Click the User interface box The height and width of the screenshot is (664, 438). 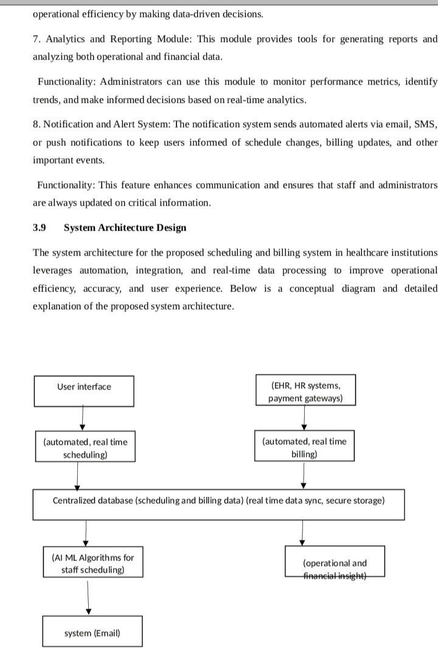[84, 391]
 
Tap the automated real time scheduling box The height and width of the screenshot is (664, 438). [85, 447]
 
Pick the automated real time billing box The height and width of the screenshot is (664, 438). [304, 447]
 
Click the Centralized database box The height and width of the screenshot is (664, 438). [218, 504]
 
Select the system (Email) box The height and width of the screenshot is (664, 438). [92, 632]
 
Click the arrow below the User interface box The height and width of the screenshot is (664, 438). [82, 418]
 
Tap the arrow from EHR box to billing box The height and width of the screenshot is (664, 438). [304, 418]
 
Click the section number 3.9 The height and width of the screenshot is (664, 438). [40, 228]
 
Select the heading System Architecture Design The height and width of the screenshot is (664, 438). [125, 228]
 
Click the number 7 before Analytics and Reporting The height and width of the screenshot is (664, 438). [36, 39]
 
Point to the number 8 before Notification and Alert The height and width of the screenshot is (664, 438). [36, 124]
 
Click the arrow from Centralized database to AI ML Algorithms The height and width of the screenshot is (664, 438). [86, 533]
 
